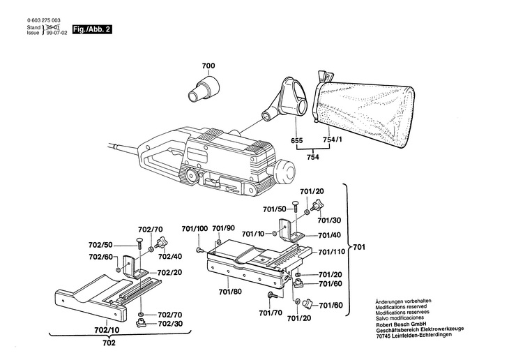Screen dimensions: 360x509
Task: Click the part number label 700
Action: [x=208, y=66]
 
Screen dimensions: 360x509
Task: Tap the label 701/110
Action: [x=332, y=252]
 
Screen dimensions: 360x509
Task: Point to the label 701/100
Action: [x=195, y=229]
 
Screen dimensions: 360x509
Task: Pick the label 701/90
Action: [x=223, y=229]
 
